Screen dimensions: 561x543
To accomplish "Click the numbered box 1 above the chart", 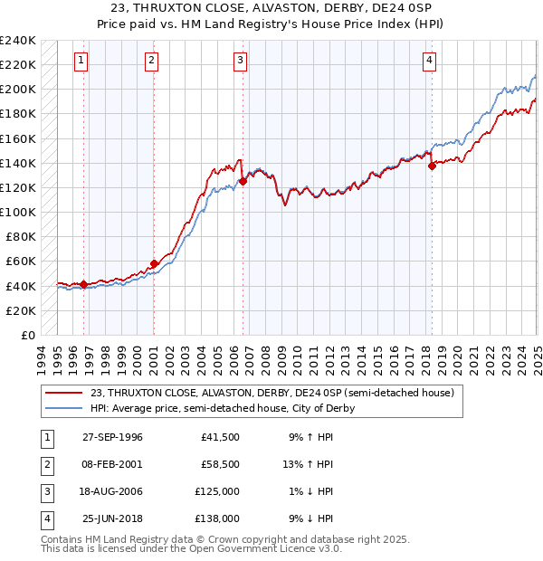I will coord(81,61).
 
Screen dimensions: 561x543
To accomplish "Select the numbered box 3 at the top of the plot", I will coord(240,61).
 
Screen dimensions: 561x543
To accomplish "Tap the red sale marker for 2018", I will coord(433,166).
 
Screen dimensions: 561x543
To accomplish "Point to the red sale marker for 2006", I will coord(243,181).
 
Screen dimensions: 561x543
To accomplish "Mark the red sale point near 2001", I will coord(154,263).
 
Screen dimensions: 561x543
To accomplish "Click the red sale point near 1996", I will coord(83,284).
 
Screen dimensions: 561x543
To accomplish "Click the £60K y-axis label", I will coord(21,261).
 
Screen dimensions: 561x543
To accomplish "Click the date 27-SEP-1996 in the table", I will coord(113,437).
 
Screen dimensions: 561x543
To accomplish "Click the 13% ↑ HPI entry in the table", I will coord(308,464).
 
